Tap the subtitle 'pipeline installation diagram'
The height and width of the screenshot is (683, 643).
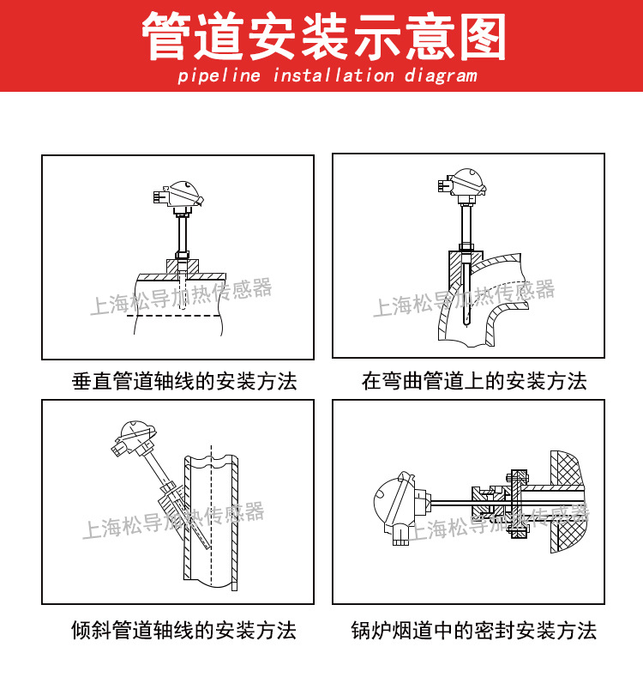[327, 76]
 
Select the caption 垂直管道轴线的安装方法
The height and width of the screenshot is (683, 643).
[184, 381]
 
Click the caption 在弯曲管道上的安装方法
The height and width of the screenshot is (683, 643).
[474, 381]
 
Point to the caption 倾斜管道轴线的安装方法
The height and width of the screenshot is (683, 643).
[183, 631]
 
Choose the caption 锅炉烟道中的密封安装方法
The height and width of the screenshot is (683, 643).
[474, 631]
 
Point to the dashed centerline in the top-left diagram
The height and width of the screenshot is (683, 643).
[175, 316]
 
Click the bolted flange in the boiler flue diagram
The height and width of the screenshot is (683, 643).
[517, 502]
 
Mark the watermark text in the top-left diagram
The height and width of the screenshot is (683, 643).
[181, 297]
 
